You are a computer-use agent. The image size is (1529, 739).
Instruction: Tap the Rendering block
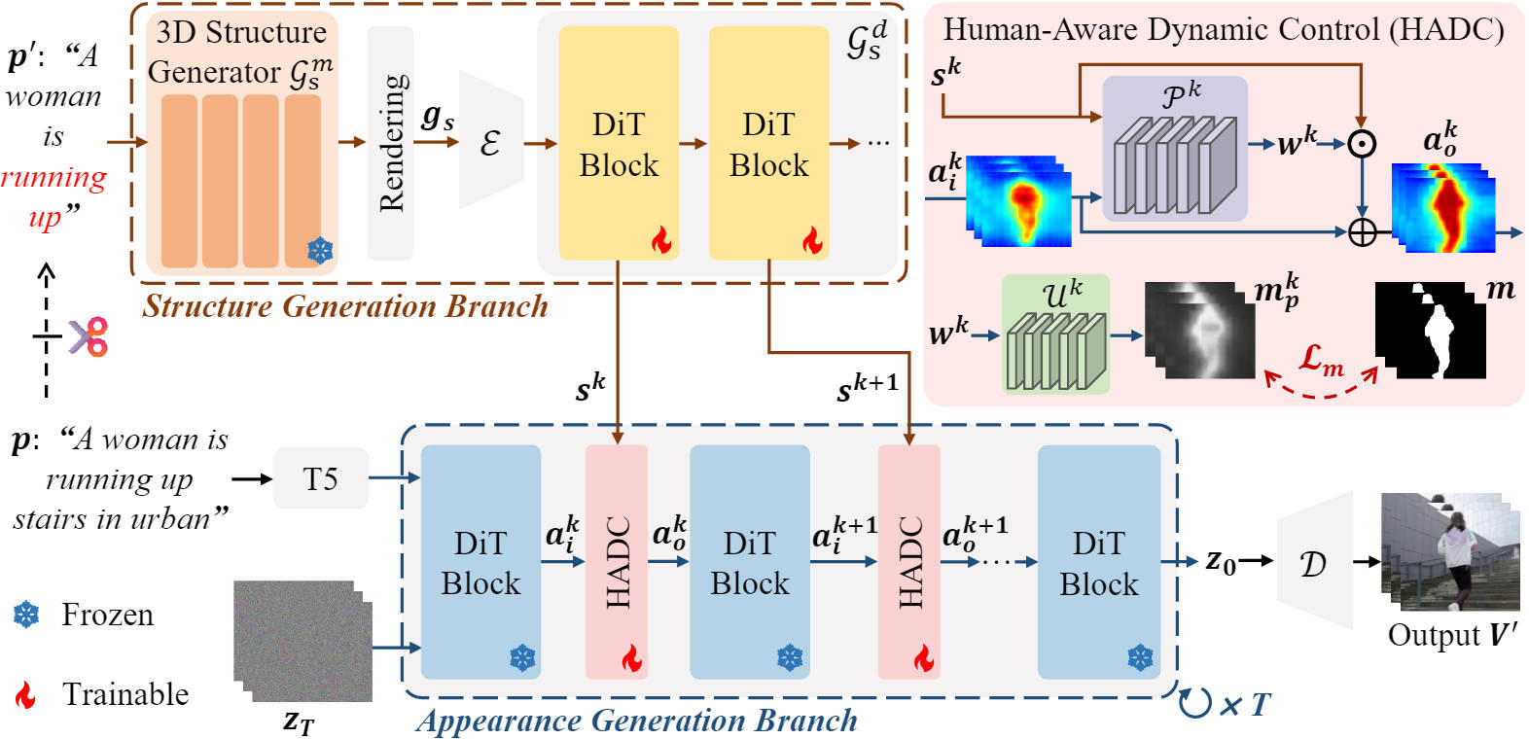390,143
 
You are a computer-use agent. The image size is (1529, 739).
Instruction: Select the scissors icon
89,336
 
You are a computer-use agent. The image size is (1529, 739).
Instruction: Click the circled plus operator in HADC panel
1362,232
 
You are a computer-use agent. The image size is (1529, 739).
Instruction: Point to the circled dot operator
1362,144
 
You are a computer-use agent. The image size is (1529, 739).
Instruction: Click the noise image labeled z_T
303,641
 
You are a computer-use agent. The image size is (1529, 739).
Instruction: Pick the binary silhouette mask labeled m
1430,331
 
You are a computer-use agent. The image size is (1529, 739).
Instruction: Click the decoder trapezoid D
1314,560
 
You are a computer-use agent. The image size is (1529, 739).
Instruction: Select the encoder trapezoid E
491,140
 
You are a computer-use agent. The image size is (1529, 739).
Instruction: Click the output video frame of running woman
1450,551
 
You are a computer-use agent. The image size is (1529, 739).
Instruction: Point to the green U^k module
1055,334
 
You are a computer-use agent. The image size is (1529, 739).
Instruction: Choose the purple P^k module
1175,148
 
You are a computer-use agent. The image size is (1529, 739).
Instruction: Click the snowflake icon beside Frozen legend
26,615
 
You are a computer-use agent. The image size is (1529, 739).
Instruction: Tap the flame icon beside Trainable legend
26,694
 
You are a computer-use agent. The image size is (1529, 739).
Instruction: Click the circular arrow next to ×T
1195,703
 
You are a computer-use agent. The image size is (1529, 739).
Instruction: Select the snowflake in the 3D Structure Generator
320,251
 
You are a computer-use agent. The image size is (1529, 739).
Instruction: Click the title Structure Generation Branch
344,306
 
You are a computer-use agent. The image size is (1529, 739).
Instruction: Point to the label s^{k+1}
867,388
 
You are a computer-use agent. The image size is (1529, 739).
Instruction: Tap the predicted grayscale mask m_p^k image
1200,330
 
